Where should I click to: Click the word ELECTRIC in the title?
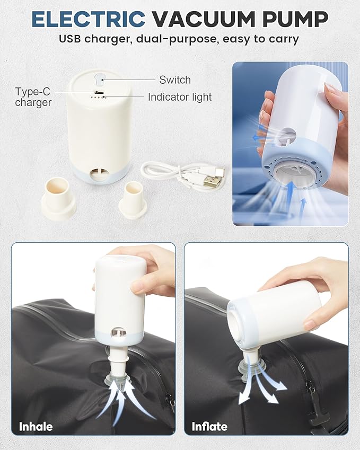coord(88,19)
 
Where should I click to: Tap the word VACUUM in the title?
coord(203,19)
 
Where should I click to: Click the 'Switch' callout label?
coord(175,80)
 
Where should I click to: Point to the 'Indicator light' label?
coord(180,97)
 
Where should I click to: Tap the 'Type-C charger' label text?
coord(33,97)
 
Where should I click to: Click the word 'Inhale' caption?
coord(36,427)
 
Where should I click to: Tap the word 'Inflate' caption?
coord(209,427)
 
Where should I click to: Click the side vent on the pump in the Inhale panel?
coord(119,332)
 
